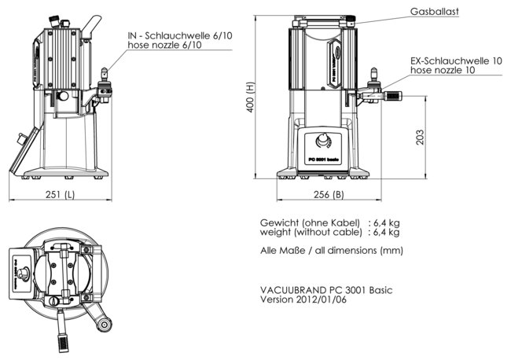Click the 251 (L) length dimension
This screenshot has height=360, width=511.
point(60,195)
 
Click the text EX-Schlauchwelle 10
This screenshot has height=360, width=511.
point(455,61)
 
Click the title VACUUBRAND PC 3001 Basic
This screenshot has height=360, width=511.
point(326,290)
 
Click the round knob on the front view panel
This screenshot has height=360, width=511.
point(322,142)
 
